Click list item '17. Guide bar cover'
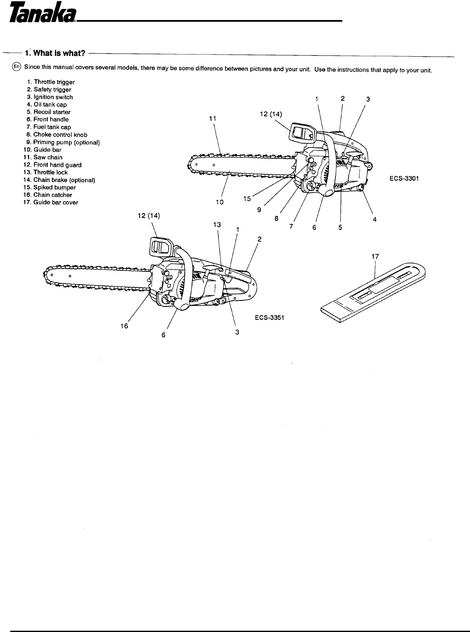(x=51, y=202)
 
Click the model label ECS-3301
(x=404, y=179)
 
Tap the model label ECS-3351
(x=269, y=317)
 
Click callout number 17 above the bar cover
(x=375, y=257)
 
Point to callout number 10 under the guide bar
(x=219, y=202)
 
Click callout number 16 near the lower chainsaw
(x=124, y=326)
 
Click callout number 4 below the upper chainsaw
(x=375, y=219)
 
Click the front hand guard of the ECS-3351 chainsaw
(x=160, y=247)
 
